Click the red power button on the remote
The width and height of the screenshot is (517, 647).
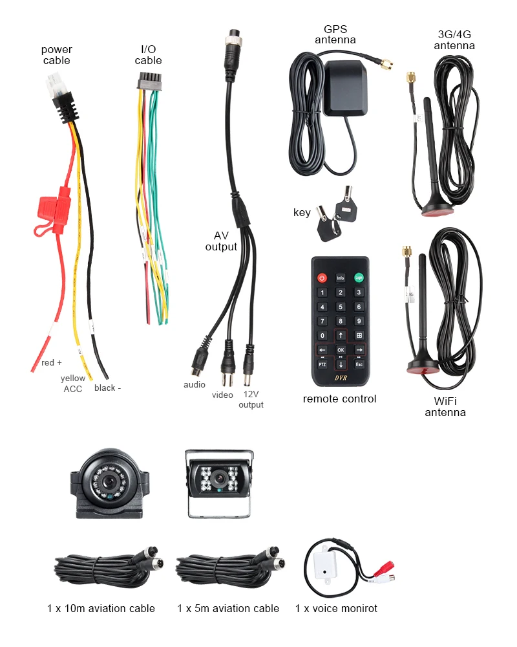[x=322, y=278]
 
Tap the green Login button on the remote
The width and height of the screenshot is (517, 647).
[x=359, y=278]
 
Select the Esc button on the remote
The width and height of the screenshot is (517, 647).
[x=359, y=364]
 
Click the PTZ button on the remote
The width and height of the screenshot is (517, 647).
[x=322, y=364]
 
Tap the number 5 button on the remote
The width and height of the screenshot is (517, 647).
[x=341, y=307]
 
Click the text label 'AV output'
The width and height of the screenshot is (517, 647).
[x=221, y=241]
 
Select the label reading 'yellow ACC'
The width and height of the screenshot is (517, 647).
[x=73, y=383]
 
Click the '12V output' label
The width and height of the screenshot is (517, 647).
[x=251, y=399]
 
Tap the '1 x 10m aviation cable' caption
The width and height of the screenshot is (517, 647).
[x=101, y=608]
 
